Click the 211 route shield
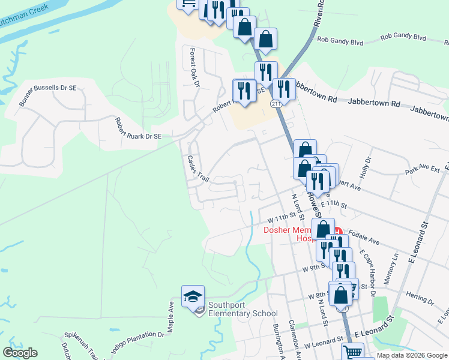click(x=276, y=104)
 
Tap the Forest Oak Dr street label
click(x=194, y=67)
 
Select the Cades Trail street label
click(x=197, y=170)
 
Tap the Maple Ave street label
click(x=170, y=313)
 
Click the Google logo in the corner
click(x=20, y=353)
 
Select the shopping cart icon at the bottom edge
click(x=353, y=352)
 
